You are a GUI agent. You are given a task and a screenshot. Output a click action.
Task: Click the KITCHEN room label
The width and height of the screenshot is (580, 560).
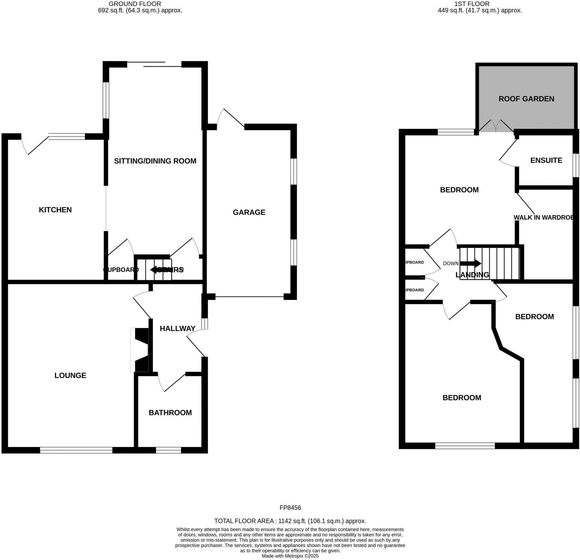point(55,210)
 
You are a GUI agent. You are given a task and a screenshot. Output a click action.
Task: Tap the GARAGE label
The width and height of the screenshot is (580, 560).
point(249,212)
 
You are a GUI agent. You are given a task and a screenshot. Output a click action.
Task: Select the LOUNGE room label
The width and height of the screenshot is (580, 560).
point(70,375)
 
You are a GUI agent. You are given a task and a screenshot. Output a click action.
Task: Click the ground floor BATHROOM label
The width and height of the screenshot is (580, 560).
point(170,413)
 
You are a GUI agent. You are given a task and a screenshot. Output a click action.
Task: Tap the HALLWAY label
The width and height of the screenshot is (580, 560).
point(178,328)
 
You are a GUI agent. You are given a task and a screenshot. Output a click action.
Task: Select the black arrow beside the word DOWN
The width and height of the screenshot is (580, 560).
point(471,263)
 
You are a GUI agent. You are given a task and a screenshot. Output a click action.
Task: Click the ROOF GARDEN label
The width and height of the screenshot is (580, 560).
point(526,99)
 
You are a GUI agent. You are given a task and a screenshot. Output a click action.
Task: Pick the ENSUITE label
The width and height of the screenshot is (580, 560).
point(546,160)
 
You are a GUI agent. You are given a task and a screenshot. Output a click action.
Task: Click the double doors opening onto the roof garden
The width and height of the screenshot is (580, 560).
point(496,126)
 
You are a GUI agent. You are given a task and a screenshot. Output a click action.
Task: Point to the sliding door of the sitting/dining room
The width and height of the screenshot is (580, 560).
point(154,64)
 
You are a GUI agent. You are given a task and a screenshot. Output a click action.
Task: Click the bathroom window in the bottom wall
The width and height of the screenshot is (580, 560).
point(169,450)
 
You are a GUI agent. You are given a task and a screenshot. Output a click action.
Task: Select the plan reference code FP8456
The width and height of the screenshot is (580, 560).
point(290,508)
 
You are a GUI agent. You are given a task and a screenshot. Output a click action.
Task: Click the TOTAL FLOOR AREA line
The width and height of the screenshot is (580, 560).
point(290,521)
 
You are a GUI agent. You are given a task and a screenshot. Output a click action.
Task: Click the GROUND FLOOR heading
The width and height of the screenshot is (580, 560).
point(135,4)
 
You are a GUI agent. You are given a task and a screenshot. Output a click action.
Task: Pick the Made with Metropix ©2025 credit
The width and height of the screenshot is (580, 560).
point(290,556)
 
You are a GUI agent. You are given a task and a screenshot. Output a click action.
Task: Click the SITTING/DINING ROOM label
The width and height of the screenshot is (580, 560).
point(155,161)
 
